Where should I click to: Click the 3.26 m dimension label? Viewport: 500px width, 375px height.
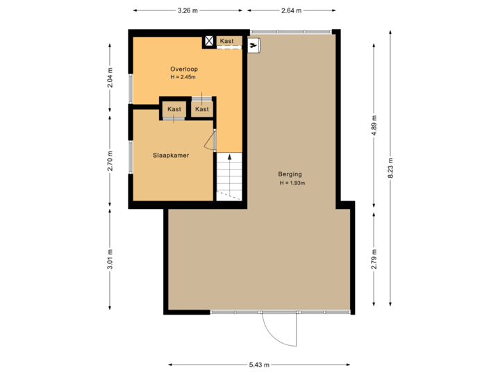(187, 10)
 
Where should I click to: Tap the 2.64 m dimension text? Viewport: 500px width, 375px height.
(291, 10)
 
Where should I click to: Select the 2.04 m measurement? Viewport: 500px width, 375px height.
(110, 78)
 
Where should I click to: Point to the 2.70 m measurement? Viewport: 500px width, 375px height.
(110, 160)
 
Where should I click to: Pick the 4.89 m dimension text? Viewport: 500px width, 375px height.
(374, 126)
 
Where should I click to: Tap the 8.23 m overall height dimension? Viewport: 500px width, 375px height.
(390, 168)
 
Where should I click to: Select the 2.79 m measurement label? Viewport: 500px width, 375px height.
(374, 258)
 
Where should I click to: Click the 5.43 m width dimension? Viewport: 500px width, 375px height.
(258, 365)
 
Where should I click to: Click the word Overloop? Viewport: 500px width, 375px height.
(184, 69)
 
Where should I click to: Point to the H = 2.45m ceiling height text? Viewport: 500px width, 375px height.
(184, 77)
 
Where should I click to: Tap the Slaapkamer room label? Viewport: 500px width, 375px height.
(172, 156)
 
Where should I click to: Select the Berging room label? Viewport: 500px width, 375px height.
(290, 175)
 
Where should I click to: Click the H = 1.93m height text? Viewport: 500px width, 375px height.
(292, 183)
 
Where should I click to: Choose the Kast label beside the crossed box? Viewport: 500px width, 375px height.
(227, 42)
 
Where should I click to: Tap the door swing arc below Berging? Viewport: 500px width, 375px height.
(282, 333)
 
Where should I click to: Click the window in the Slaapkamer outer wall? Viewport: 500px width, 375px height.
(130, 158)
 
